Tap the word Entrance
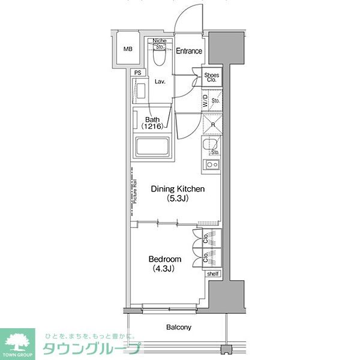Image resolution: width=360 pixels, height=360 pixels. (x=189, y=51)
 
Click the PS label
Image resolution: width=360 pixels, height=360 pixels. (x=138, y=73)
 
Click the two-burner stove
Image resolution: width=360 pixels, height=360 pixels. (x=212, y=164)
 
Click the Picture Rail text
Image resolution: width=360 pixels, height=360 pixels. (x=136, y=192)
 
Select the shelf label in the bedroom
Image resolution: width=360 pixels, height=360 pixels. (x=213, y=274)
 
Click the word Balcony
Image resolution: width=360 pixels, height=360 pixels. (x=179, y=327)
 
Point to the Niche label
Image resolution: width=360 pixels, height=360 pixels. (x=159, y=40)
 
